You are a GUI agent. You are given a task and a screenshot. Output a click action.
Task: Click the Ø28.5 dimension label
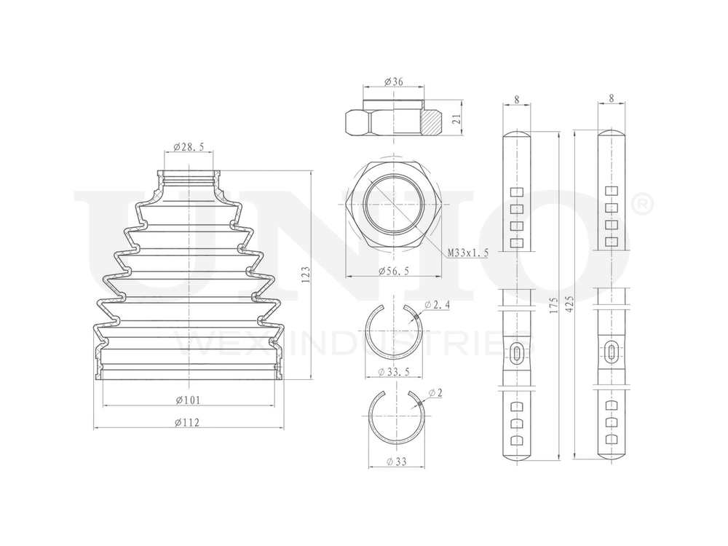pos(189,147)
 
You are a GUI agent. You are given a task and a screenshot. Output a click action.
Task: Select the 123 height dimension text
pos(306,274)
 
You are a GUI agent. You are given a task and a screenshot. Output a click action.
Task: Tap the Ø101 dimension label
pos(189,400)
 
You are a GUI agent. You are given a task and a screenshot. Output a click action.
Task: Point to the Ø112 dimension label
pos(189,422)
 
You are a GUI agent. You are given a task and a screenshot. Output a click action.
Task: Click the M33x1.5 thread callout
pos(467,252)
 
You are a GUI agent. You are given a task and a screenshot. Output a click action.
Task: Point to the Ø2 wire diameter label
pos(436,393)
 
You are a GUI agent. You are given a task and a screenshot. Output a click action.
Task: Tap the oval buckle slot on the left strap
pos(516,353)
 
